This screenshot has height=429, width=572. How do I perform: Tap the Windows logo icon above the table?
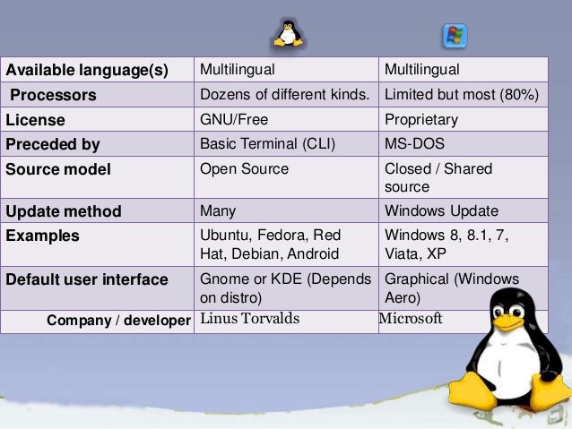click(x=455, y=37)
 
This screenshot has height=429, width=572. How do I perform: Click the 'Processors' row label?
click(x=53, y=95)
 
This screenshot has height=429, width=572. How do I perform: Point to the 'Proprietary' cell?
click(x=420, y=119)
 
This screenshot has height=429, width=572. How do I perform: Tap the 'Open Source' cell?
click(x=244, y=168)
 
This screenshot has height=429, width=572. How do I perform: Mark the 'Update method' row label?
click(x=63, y=212)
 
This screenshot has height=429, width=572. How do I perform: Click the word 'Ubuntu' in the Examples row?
click(x=224, y=236)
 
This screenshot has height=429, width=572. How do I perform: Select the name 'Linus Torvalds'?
click(x=250, y=320)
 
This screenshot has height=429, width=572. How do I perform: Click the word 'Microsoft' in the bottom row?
click(x=411, y=320)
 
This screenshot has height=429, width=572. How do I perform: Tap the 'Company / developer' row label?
click(x=118, y=321)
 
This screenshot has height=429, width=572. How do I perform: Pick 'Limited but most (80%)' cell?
click(x=461, y=95)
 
